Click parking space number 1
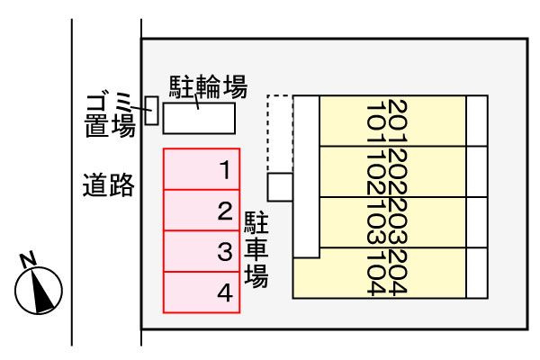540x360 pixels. click(201, 169)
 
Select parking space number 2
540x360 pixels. click(201, 211)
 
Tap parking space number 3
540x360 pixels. click(201, 251)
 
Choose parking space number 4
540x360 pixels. click(201, 292)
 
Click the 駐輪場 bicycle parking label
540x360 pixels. click(208, 87)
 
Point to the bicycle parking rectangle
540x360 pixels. click(199, 118)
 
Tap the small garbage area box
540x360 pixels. click(152, 110)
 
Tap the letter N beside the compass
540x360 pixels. click(27, 261)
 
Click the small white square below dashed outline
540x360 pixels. click(281, 187)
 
